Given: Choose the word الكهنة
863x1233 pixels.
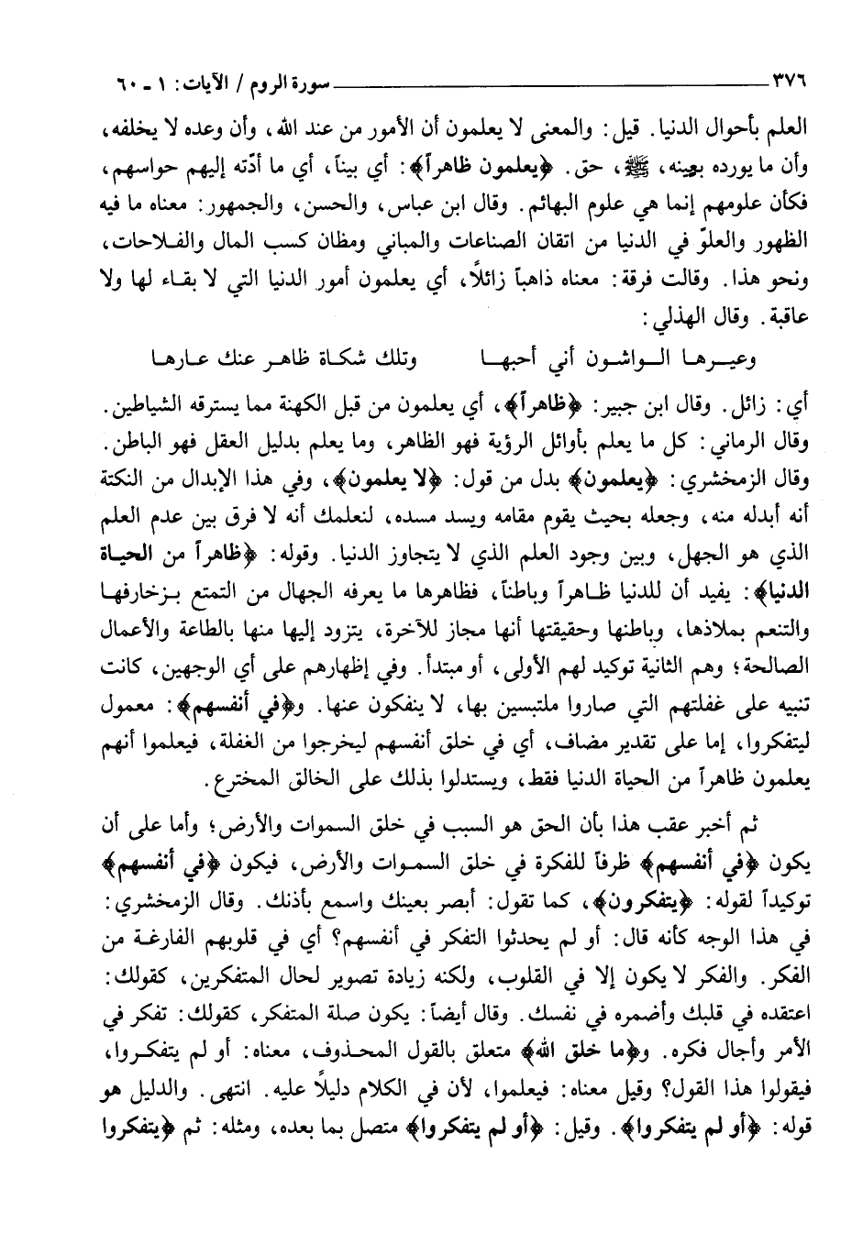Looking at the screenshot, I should click(279, 398).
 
